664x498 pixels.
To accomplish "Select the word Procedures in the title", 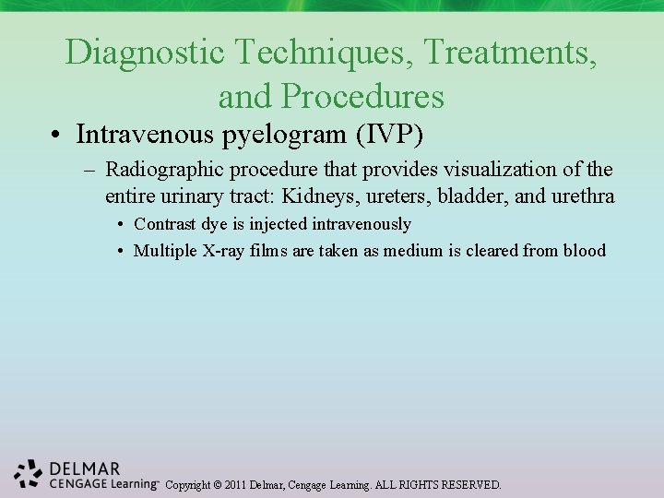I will click(x=363, y=96).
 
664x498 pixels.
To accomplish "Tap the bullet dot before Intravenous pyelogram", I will click(x=57, y=136).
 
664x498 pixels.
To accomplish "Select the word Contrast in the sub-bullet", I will click(x=162, y=224).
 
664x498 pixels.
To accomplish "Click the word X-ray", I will click(x=226, y=251).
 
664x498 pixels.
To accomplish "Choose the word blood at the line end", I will click(x=585, y=251).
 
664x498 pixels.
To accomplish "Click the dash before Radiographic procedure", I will click(x=90, y=171).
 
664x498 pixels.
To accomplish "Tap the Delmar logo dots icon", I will click(x=29, y=472).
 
